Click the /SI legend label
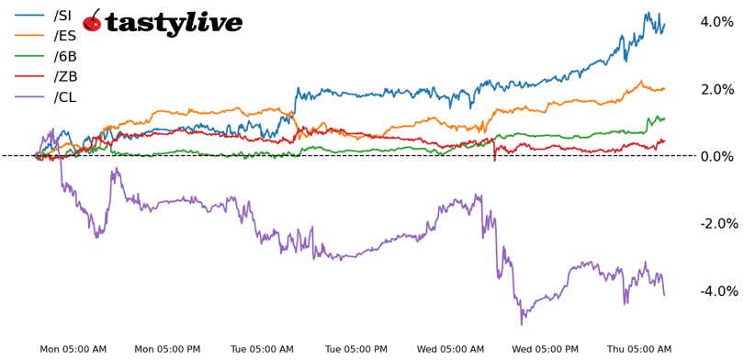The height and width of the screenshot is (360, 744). tap(63, 16)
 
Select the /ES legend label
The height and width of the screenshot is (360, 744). tap(64, 36)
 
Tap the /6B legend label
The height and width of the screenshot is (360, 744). tap(64, 56)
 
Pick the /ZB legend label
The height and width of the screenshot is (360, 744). tap(64, 76)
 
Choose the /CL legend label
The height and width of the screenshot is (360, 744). tap(64, 96)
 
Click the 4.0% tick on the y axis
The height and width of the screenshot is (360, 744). tap(716, 22)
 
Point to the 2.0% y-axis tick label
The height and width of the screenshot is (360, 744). tap(716, 89)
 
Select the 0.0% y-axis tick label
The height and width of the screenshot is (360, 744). tap(716, 156)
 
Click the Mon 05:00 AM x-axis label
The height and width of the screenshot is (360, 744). tap(73, 349)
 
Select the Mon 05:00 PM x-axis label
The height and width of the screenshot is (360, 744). tap(167, 349)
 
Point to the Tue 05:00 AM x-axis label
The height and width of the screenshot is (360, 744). tap(262, 349)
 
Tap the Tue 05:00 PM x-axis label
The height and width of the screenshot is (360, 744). tap(356, 349)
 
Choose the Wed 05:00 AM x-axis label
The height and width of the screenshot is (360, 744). tap(451, 349)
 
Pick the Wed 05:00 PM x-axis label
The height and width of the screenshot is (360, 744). tap(546, 349)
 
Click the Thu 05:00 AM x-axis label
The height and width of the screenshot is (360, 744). tap(640, 349)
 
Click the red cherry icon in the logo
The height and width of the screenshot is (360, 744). tap(93, 21)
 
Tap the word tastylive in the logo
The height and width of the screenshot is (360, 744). tap(174, 23)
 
